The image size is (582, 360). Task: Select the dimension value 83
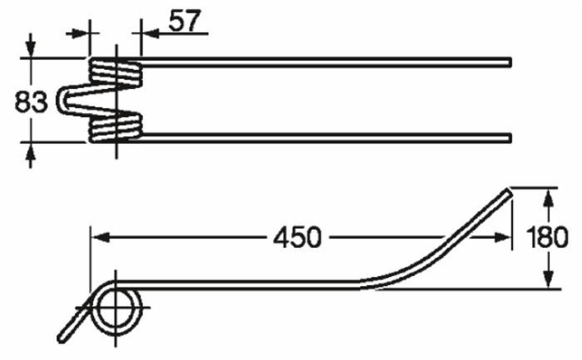pyautogui.click(x=31, y=102)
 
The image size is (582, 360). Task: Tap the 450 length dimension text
pyautogui.click(x=296, y=237)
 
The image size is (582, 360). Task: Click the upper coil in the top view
pyautogui.click(x=116, y=72)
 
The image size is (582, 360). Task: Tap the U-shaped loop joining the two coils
pyautogui.click(x=67, y=101)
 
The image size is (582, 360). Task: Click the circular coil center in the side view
pyautogui.click(x=115, y=310)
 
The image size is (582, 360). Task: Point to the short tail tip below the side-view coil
pyautogui.click(x=62, y=339)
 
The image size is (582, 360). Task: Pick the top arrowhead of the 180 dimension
pyautogui.click(x=548, y=196)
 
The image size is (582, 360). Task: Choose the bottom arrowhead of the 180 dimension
pyautogui.click(x=548, y=282)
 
